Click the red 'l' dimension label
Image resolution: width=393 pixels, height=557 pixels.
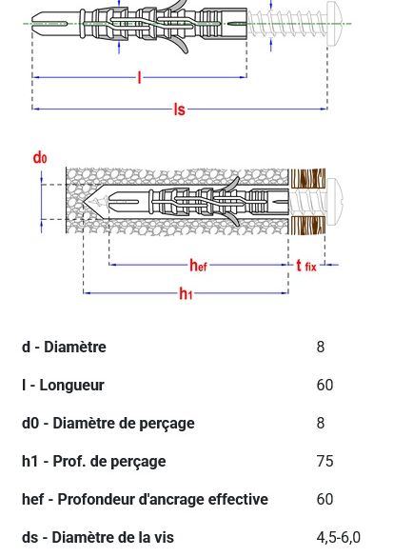(140, 77)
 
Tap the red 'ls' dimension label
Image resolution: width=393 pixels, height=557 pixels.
(180, 109)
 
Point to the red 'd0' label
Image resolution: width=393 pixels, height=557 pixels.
(40, 157)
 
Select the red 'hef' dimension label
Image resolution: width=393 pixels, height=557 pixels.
(198, 265)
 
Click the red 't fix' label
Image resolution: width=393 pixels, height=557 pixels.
(306, 266)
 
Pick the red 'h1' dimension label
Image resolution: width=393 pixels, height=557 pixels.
(186, 293)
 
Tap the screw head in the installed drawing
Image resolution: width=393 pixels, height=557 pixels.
(334, 202)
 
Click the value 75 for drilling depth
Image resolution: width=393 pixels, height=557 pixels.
(324, 461)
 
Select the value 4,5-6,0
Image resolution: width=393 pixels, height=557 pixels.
(339, 538)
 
